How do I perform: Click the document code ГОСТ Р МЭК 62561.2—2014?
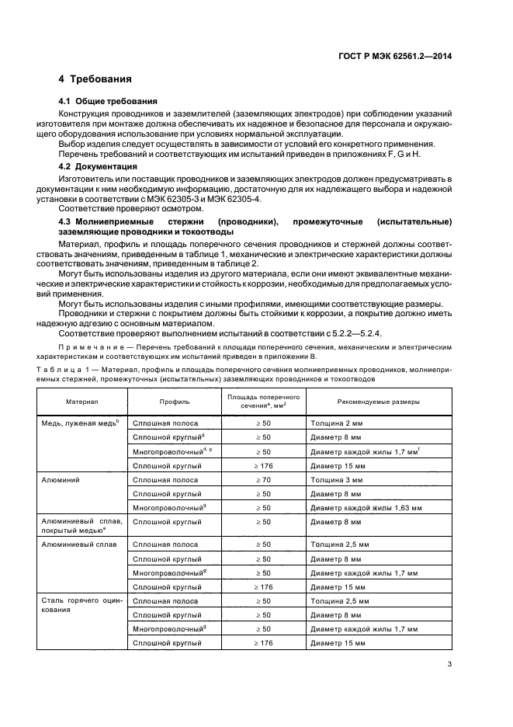[x=405, y=55]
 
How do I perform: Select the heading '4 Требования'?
[x=95, y=79]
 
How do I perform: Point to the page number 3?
[x=450, y=664]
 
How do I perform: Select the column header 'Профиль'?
[x=175, y=401]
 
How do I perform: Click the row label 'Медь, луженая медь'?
[x=80, y=423]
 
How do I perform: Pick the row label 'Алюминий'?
[x=61, y=480]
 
